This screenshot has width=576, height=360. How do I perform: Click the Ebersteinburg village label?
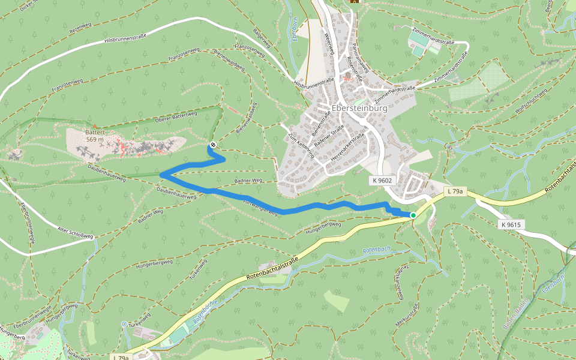(x=359, y=109)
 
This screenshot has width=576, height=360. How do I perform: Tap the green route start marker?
(x=413, y=215)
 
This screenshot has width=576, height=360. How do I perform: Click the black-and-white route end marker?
(x=212, y=145)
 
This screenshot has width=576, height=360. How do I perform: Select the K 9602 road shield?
(x=382, y=180)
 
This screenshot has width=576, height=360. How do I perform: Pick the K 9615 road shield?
(x=512, y=224)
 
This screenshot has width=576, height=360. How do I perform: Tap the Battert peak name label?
(x=95, y=132)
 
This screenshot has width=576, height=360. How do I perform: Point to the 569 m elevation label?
(x=95, y=139)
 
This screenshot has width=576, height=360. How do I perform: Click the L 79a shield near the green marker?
(x=455, y=191)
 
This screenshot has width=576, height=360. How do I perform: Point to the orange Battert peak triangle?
(x=94, y=125)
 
